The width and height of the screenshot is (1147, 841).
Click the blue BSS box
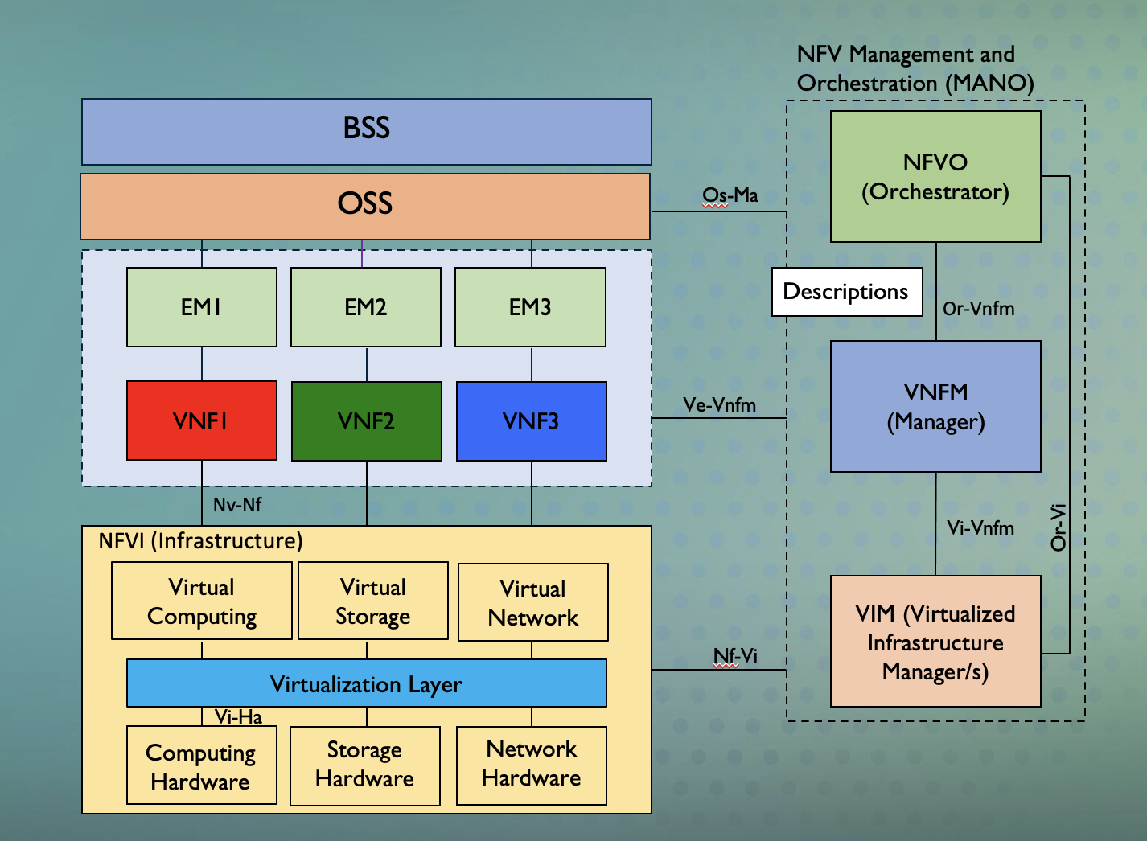click(366, 131)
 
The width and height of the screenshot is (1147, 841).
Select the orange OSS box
click(364, 206)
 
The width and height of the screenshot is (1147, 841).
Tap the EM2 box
click(366, 307)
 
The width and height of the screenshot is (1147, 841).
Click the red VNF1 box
click(202, 420)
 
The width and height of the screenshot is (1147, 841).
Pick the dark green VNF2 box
click(367, 421)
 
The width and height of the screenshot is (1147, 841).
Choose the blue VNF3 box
click(531, 421)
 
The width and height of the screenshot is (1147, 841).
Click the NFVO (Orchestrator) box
click(935, 177)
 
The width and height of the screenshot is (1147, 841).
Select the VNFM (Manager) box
click(935, 407)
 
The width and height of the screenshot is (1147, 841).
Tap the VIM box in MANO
click(935, 642)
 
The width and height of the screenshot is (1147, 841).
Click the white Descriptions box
click(847, 292)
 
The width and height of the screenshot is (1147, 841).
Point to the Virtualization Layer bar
click(366, 683)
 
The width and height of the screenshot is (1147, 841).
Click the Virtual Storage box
click(372, 601)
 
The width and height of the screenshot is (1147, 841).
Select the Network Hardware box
click(531, 765)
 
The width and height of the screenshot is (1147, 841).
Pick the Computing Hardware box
click(201, 765)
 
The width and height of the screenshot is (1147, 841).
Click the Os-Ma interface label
click(730, 195)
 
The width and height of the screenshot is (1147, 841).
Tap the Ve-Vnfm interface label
click(720, 405)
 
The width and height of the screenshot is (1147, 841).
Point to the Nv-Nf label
click(237, 505)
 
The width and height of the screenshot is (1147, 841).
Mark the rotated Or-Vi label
click(1059, 527)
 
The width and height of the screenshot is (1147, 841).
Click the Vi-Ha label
click(238, 717)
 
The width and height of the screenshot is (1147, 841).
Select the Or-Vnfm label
click(979, 309)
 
